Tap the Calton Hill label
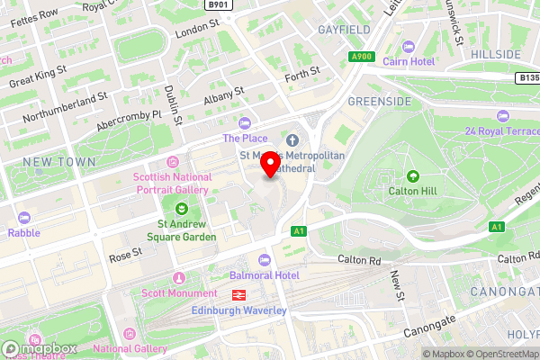413,190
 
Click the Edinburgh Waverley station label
239,310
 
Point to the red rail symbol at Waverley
240,294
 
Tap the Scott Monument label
179,293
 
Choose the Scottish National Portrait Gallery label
171,184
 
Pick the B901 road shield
218,4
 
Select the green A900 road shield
362,57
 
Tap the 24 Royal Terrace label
500,131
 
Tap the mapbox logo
40,348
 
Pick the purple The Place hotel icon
246,123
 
